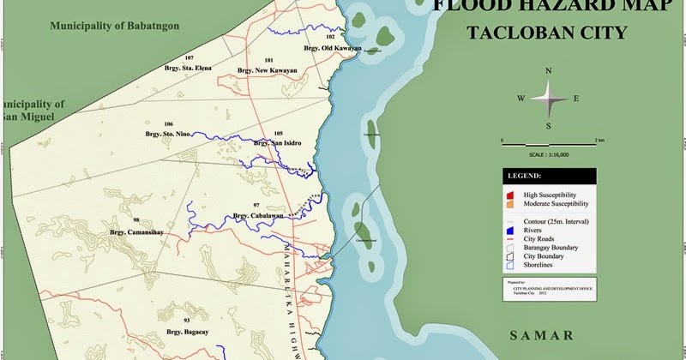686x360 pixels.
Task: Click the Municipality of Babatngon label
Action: click(114, 27)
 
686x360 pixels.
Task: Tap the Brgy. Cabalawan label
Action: click(257, 216)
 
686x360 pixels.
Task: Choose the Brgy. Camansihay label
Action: click(137, 231)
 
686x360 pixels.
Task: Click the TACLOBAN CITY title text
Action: click(547, 33)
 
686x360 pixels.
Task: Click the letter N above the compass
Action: click(549, 71)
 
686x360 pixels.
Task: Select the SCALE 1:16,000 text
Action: click(549, 154)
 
